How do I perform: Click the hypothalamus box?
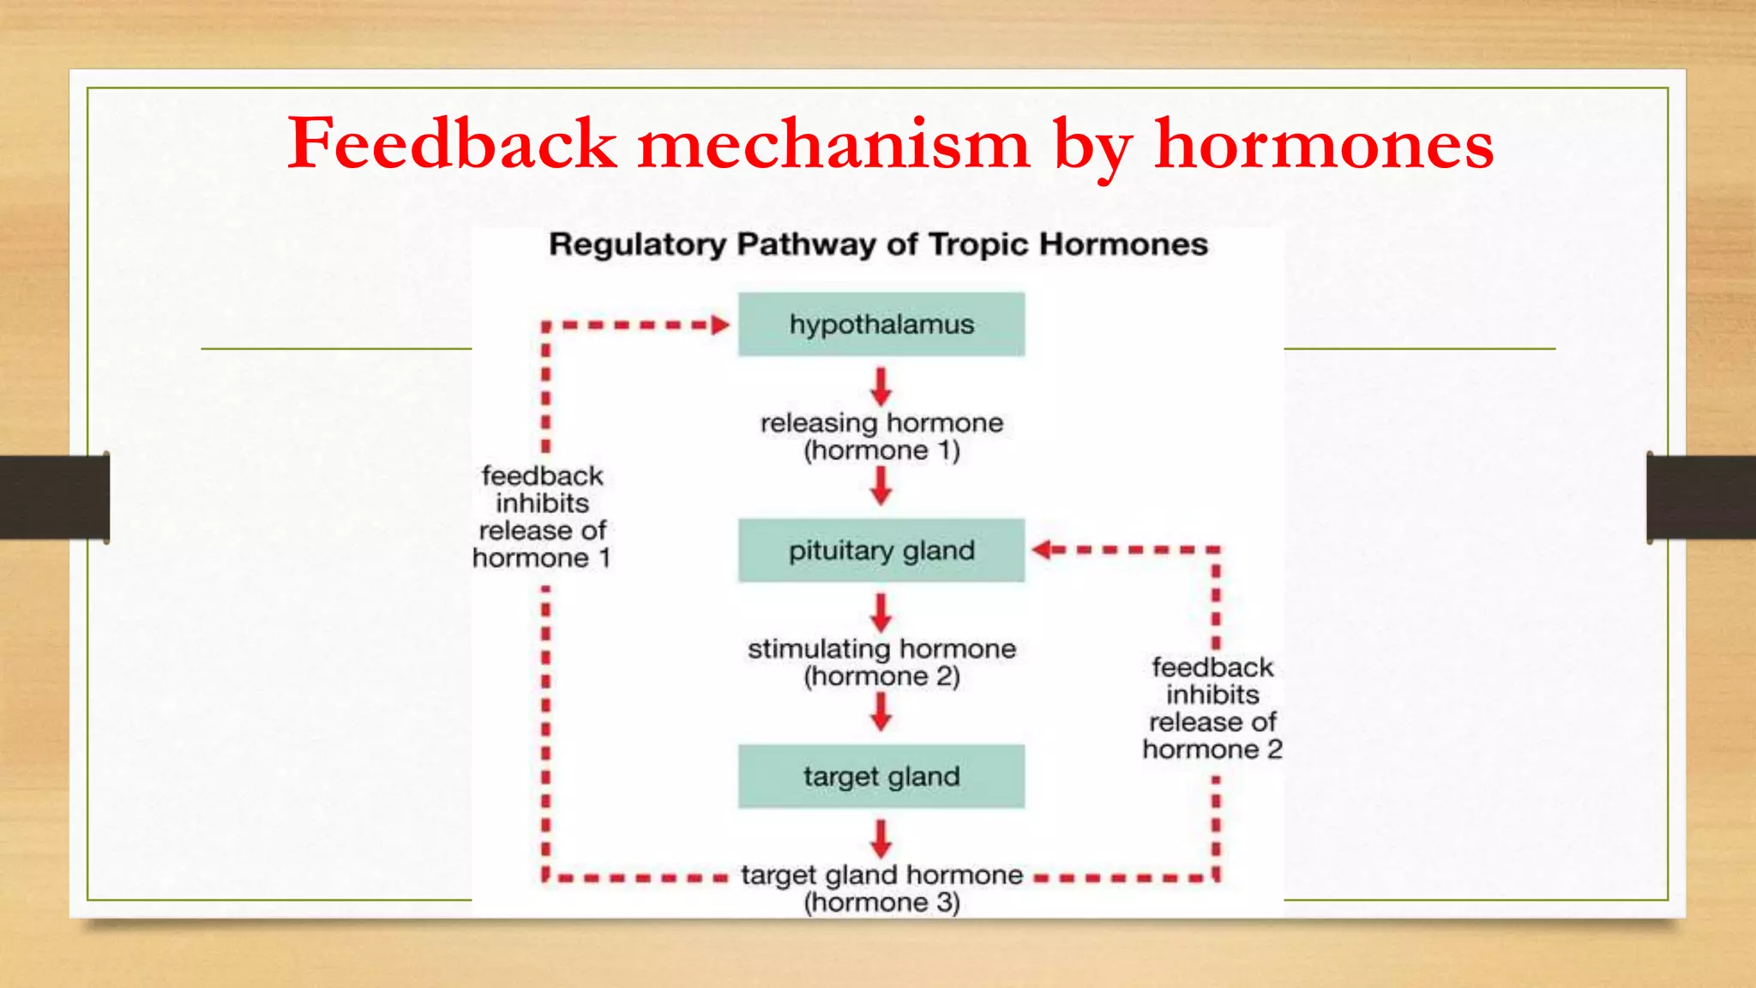(881, 324)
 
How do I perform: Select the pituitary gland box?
(881, 551)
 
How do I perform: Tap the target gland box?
(881, 776)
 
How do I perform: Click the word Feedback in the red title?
(452, 143)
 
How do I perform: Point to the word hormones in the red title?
(1324, 143)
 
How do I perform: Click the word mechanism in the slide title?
(833, 143)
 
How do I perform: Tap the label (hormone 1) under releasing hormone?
(881, 451)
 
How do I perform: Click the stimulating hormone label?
(881, 649)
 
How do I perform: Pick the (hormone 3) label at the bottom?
(881, 902)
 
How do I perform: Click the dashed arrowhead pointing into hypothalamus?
(720, 325)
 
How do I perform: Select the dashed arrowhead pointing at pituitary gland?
(1043, 550)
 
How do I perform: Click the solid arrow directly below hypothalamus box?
(881, 387)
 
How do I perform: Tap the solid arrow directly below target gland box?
(881, 839)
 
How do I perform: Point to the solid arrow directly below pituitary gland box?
(881, 612)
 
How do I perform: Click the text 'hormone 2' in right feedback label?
(1212, 750)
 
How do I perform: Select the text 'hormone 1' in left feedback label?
(541, 558)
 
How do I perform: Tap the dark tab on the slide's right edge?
(1701, 497)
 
